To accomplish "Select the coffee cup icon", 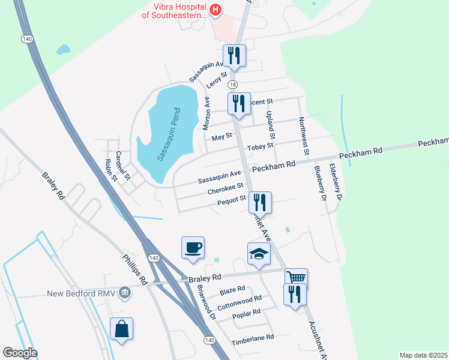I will (x=193, y=248).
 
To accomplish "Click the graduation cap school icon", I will (x=259, y=254).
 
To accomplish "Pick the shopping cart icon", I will (x=295, y=278).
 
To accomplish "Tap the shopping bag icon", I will (x=121, y=329).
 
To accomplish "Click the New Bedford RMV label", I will (x=82, y=294).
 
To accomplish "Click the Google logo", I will (x=20, y=353).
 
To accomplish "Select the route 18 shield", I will (x=233, y=85).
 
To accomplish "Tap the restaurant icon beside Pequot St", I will (x=260, y=202).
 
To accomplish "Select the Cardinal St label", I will (x=122, y=166).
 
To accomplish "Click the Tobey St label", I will (x=260, y=145).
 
